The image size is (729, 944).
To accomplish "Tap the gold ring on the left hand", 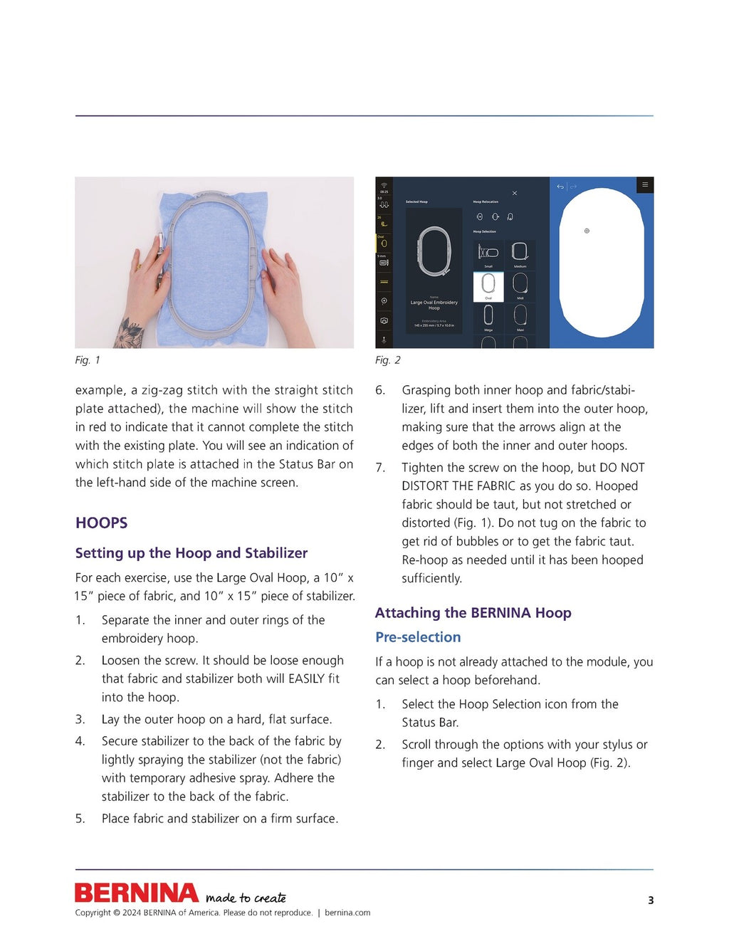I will [x=140, y=267].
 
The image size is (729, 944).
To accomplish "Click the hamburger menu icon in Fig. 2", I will [x=645, y=185].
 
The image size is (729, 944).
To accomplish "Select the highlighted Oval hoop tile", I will [x=488, y=286].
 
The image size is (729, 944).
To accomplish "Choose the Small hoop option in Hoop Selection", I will [x=488, y=253].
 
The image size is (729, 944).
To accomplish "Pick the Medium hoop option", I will [x=520, y=253].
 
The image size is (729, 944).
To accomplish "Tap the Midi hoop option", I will [x=520, y=286].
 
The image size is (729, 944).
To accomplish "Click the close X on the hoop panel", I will [x=515, y=193].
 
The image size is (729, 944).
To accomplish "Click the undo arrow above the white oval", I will [x=560, y=187].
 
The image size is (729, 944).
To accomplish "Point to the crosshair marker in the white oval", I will [x=587, y=231].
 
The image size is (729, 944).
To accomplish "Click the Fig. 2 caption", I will [x=388, y=360].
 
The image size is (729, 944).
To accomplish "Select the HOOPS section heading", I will [x=102, y=523].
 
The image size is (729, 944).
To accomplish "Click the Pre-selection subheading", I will [x=418, y=637].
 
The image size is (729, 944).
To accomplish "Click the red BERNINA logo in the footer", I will [x=137, y=893].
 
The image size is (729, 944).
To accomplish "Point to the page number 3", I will [x=651, y=901].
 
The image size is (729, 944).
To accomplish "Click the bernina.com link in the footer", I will [x=347, y=913].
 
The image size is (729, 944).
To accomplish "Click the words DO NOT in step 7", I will [x=622, y=468].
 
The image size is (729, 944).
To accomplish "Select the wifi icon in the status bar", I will [x=384, y=185].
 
